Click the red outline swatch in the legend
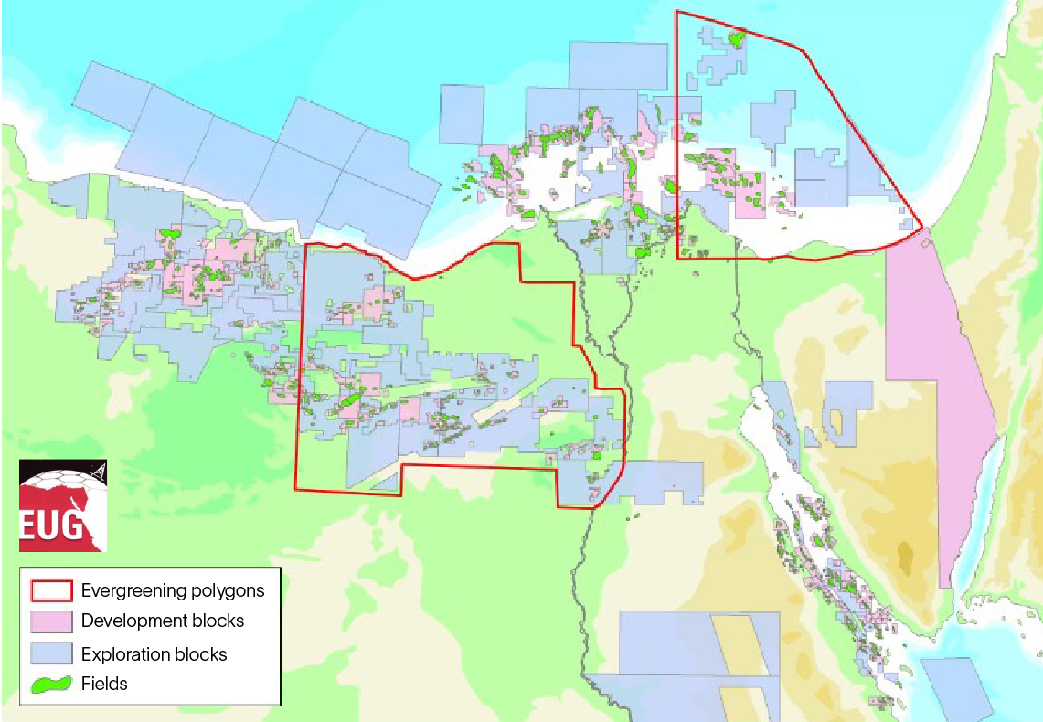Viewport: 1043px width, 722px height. tap(53, 589)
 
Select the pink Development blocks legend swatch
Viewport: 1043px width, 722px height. tap(53, 621)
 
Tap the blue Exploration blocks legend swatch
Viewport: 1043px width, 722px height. tap(53, 653)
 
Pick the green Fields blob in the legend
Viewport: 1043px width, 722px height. tap(53, 684)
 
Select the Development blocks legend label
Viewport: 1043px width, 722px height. tap(163, 621)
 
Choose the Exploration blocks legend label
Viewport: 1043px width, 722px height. tap(154, 654)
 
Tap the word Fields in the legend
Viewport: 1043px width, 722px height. tap(104, 684)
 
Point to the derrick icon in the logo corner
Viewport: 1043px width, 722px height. tap(99, 470)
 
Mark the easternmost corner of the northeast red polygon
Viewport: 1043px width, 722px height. tap(922, 228)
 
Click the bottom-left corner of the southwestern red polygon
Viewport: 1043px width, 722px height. tap(295, 488)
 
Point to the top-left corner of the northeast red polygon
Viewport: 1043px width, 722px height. tap(676, 11)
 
